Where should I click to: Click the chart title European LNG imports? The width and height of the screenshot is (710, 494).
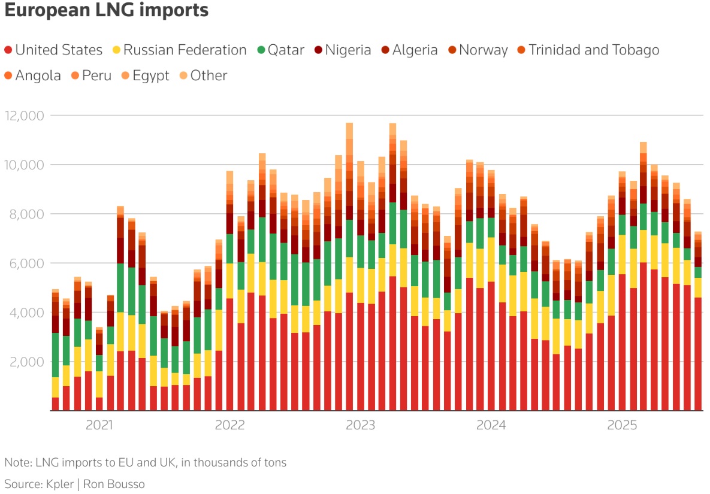(x=107, y=10)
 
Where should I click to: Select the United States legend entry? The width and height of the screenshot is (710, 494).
(x=53, y=50)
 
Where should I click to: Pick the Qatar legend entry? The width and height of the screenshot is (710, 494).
(x=281, y=50)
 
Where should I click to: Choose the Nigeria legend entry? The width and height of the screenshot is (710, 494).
(x=343, y=50)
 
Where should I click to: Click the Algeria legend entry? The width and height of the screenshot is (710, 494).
(x=409, y=50)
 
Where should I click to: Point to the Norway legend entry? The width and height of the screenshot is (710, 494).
(x=478, y=50)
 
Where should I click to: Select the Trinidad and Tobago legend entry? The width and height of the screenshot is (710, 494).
(x=588, y=50)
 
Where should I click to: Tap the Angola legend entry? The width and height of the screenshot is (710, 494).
(x=32, y=75)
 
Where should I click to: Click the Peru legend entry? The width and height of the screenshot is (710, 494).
(x=92, y=75)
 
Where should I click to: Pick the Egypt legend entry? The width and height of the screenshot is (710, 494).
(x=146, y=75)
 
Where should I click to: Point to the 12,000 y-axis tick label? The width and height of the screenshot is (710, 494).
(x=25, y=116)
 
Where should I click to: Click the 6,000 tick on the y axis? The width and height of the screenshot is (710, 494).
(x=27, y=263)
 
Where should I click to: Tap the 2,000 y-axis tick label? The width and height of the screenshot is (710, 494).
(x=27, y=362)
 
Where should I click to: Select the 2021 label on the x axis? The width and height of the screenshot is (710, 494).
(x=99, y=425)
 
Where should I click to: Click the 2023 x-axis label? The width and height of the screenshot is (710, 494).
(x=361, y=425)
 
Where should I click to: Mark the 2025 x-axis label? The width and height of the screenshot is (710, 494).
(x=622, y=425)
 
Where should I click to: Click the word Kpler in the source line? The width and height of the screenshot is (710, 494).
(x=60, y=484)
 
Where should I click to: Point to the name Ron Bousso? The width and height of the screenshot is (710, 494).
(x=114, y=484)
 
